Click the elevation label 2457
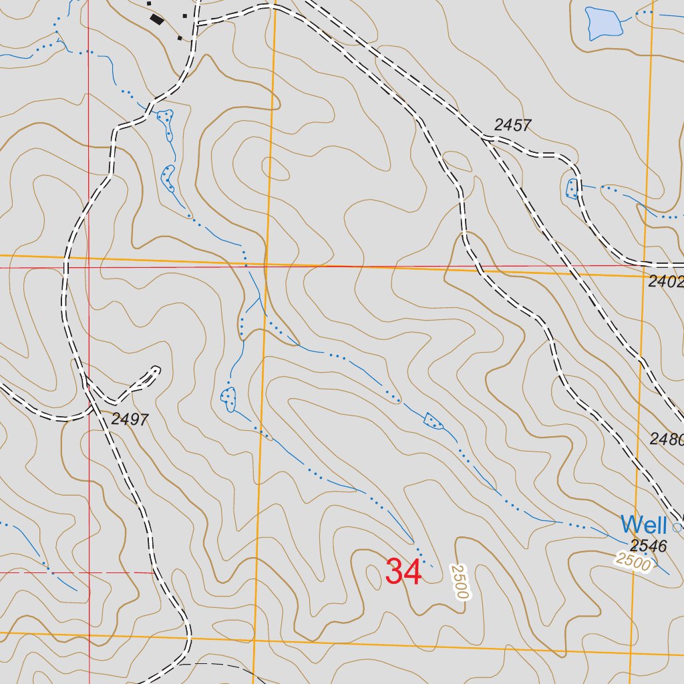click(x=512, y=125)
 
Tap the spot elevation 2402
click(x=665, y=282)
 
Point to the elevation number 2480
click(x=667, y=439)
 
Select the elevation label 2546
click(x=648, y=546)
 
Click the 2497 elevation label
click(x=130, y=419)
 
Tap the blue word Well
click(x=643, y=524)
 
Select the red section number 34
click(x=403, y=572)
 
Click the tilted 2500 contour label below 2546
click(x=633, y=561)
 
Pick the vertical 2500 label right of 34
click(x=459, y=580)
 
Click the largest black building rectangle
click(x=157, y=20)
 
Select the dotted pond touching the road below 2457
click(x=571, y=189)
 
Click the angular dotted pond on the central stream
click(x=434, y=421)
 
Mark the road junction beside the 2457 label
click(x=486, y=138)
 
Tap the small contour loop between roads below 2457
click(x=457, y=161)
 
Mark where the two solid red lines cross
click(x=89, y=267)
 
